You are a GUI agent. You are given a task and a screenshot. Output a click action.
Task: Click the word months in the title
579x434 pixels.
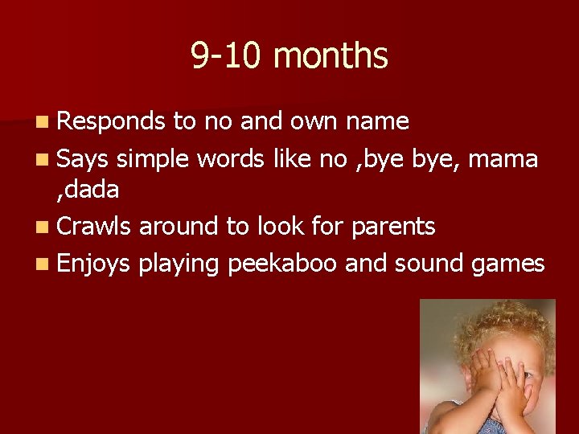pyautogui.click(x=331, y=57)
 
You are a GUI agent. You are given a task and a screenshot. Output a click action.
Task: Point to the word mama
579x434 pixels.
pyautogui.click(x=503, y=159)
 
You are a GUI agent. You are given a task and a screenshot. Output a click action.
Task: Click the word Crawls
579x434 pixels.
pyautogui.click(x=95, y=227)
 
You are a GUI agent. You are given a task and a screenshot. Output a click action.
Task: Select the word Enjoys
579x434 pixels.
pyautogui.click(x=93, y=264)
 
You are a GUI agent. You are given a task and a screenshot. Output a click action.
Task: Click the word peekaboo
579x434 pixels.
pyautogui.click(x=282, y=264)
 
